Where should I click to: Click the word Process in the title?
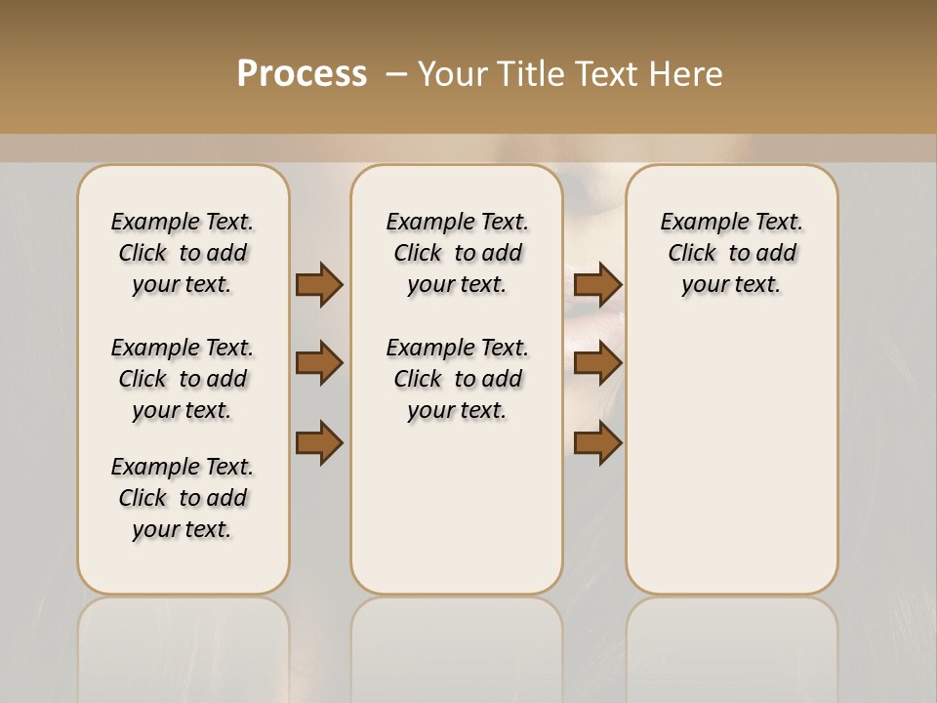302,74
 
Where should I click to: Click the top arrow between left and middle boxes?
319,284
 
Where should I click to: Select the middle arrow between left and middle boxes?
319,363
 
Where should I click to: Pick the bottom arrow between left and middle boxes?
319,442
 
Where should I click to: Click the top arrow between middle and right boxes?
597,284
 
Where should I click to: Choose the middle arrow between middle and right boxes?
597,363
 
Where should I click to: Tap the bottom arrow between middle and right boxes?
597,442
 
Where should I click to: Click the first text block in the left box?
183,253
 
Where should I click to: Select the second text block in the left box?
183,379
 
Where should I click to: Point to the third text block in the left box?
183,498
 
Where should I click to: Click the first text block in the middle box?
457,253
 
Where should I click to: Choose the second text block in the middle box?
457,379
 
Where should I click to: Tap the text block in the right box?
731,253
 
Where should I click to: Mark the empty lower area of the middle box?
457,508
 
